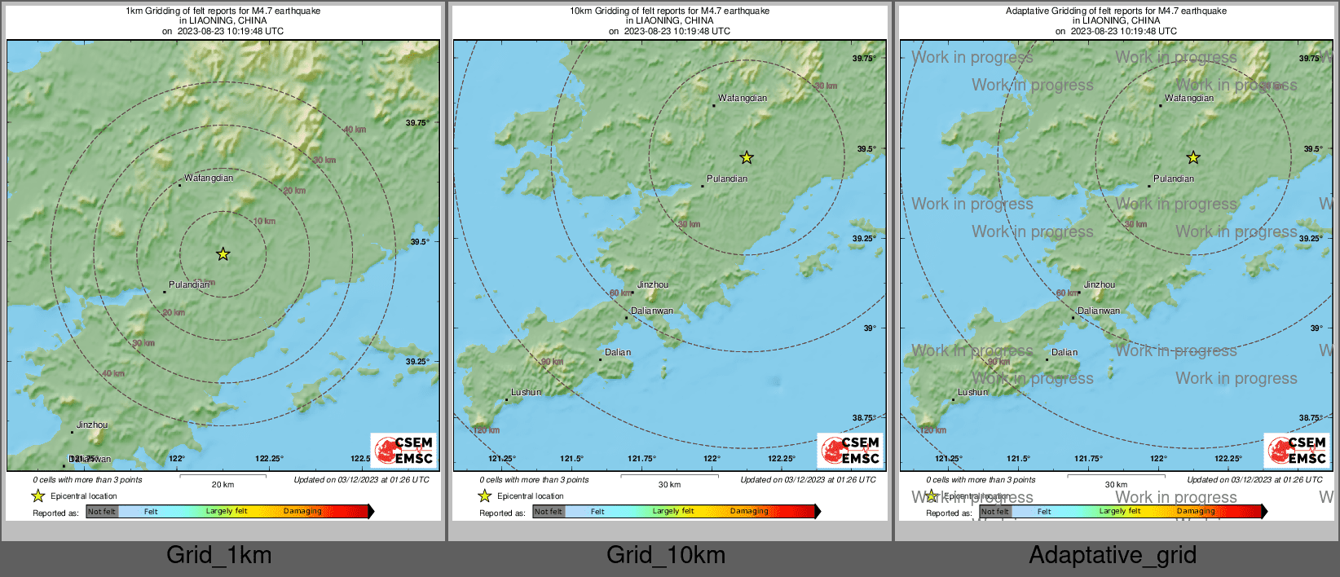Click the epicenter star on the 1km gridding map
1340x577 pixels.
click(x=223, y=254)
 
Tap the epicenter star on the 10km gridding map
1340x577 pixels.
click(x=747, y=157)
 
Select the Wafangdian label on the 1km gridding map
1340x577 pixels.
click(x=209, y=178)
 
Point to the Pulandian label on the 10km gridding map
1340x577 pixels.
click(x=727, y=178)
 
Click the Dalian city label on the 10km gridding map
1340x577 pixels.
click(x=618, y=352)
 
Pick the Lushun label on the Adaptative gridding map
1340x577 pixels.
click(x=972, y=392)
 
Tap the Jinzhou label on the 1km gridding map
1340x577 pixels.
click(x=92, y=425)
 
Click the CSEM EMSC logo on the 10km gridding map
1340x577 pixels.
click(x=851, y=450)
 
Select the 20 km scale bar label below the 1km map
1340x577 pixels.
click(x=223, y=484)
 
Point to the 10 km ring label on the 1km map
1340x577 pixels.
click(x=264, y=221)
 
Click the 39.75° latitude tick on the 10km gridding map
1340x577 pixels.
click(x=864, y=59)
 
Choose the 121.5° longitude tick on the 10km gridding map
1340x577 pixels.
click(x=571, y=459)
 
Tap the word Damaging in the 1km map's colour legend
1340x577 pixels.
click(x=302, y=511)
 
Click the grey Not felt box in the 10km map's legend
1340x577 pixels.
click(x=549, y=512)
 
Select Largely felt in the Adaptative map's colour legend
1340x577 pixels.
click(x=1119, y=511)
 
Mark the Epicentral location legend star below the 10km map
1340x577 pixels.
click(x=485, y=496)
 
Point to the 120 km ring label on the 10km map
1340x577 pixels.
click(x=486, y=429)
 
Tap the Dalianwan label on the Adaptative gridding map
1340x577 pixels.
click(x=1098, y=311)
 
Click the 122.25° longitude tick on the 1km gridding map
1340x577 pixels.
click(x=269, y=459)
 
